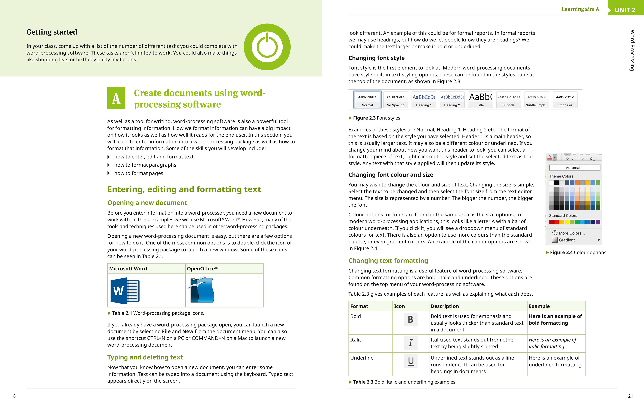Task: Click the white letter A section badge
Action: pos(116,98)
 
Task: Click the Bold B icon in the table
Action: pos(411,319)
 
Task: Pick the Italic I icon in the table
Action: pos(411,343)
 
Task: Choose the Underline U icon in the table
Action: pos(411,361)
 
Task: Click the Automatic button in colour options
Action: pos(574,168)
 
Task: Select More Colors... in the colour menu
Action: pos(572,233)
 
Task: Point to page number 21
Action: pos(630,396)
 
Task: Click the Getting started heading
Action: pos(52,32)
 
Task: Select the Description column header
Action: pos(444,306)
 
